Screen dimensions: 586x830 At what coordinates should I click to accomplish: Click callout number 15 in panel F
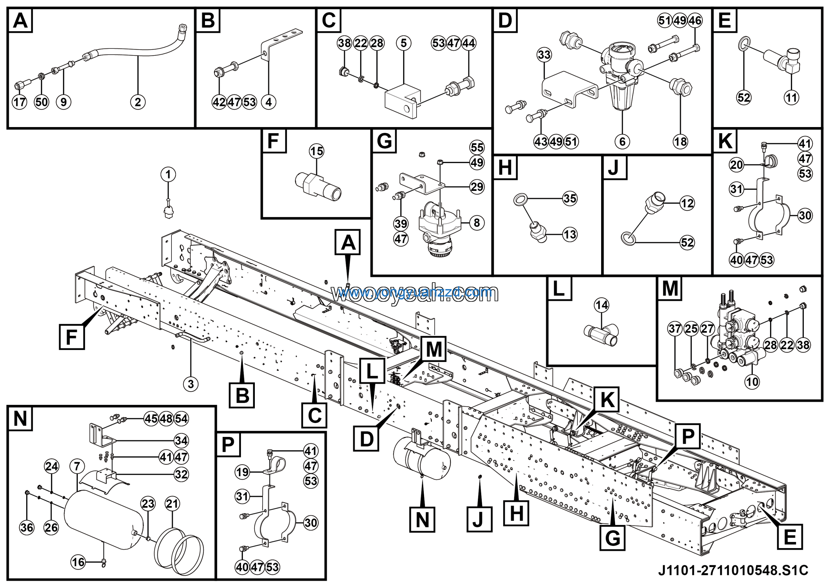click(317, 151)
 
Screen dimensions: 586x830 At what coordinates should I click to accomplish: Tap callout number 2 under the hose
click(138, 102)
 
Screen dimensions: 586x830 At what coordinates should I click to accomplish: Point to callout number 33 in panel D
click(544, 54)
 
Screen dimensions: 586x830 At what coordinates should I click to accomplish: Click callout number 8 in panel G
click(477, 223)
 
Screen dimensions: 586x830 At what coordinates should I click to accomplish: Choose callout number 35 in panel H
click(570, 198)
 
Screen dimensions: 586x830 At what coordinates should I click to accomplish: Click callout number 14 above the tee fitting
click(601, 305)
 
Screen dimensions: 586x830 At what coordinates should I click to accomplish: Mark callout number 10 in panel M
click(752, 382)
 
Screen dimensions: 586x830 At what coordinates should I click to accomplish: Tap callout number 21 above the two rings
click(172, 504)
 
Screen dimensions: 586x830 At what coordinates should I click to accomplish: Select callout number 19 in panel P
click(242, 472)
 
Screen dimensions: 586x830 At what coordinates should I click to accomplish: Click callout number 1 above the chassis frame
click(168, 174)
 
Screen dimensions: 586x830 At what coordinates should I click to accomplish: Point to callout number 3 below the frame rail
click(191, 384)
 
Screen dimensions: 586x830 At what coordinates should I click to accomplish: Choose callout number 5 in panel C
click(403, 43)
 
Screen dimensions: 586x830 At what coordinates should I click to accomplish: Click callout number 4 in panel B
click(268, 102)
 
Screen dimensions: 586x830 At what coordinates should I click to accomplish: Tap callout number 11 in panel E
click(791, 97)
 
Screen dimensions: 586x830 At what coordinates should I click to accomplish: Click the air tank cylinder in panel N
click(103, 520)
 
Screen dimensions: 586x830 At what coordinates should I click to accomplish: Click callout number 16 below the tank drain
click(78, 562)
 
